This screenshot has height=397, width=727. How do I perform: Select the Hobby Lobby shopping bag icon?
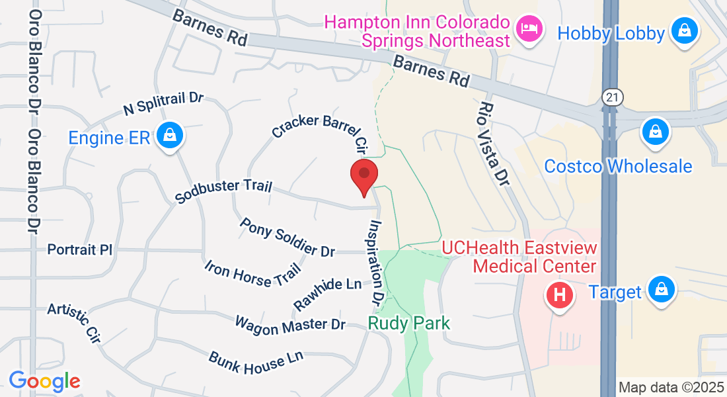[x=685, y=31]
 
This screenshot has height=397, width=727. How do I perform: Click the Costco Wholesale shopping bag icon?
[x=656, y=132]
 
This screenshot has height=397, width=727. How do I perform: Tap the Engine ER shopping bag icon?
[x=171, y=136]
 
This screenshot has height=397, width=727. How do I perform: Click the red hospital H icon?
[x=559, y=294]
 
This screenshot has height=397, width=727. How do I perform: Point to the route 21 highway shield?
[x=612, y=97]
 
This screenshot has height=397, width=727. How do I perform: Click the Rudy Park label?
[x=409, y=324]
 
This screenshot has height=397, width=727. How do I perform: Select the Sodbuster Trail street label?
[x=223, y=191]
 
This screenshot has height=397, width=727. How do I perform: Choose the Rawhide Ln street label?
[x=328, y=292]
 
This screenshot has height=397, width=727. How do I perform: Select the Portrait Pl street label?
[x=80, y=250]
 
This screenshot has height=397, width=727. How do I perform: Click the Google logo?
[x=44, y=381]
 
